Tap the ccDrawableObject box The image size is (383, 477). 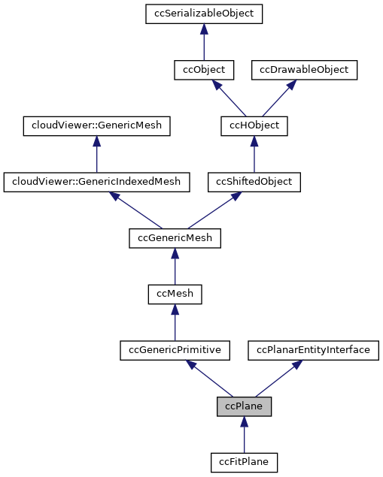tap(304, 69)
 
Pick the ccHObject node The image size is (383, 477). tap(254, 125)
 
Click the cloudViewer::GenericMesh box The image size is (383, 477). tap(96, 125)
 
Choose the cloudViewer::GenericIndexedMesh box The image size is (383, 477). tap(96, 181)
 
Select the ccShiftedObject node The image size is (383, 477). tap(254, 181)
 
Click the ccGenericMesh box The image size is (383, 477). tap(175, 237)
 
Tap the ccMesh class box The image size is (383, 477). tap(175, 294)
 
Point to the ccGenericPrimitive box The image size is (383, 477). tap(175, 350)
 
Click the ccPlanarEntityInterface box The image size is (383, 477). tap(314, 350)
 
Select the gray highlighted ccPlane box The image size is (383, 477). tap(244, 406)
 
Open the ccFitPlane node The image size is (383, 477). tap(244, 462)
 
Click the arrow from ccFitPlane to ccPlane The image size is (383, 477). tap(244, 435)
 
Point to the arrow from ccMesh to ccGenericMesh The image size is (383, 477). tap(175, 266)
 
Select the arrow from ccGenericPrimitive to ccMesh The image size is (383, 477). tap(175, 322)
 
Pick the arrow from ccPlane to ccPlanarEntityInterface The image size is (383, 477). tap(278, 379)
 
